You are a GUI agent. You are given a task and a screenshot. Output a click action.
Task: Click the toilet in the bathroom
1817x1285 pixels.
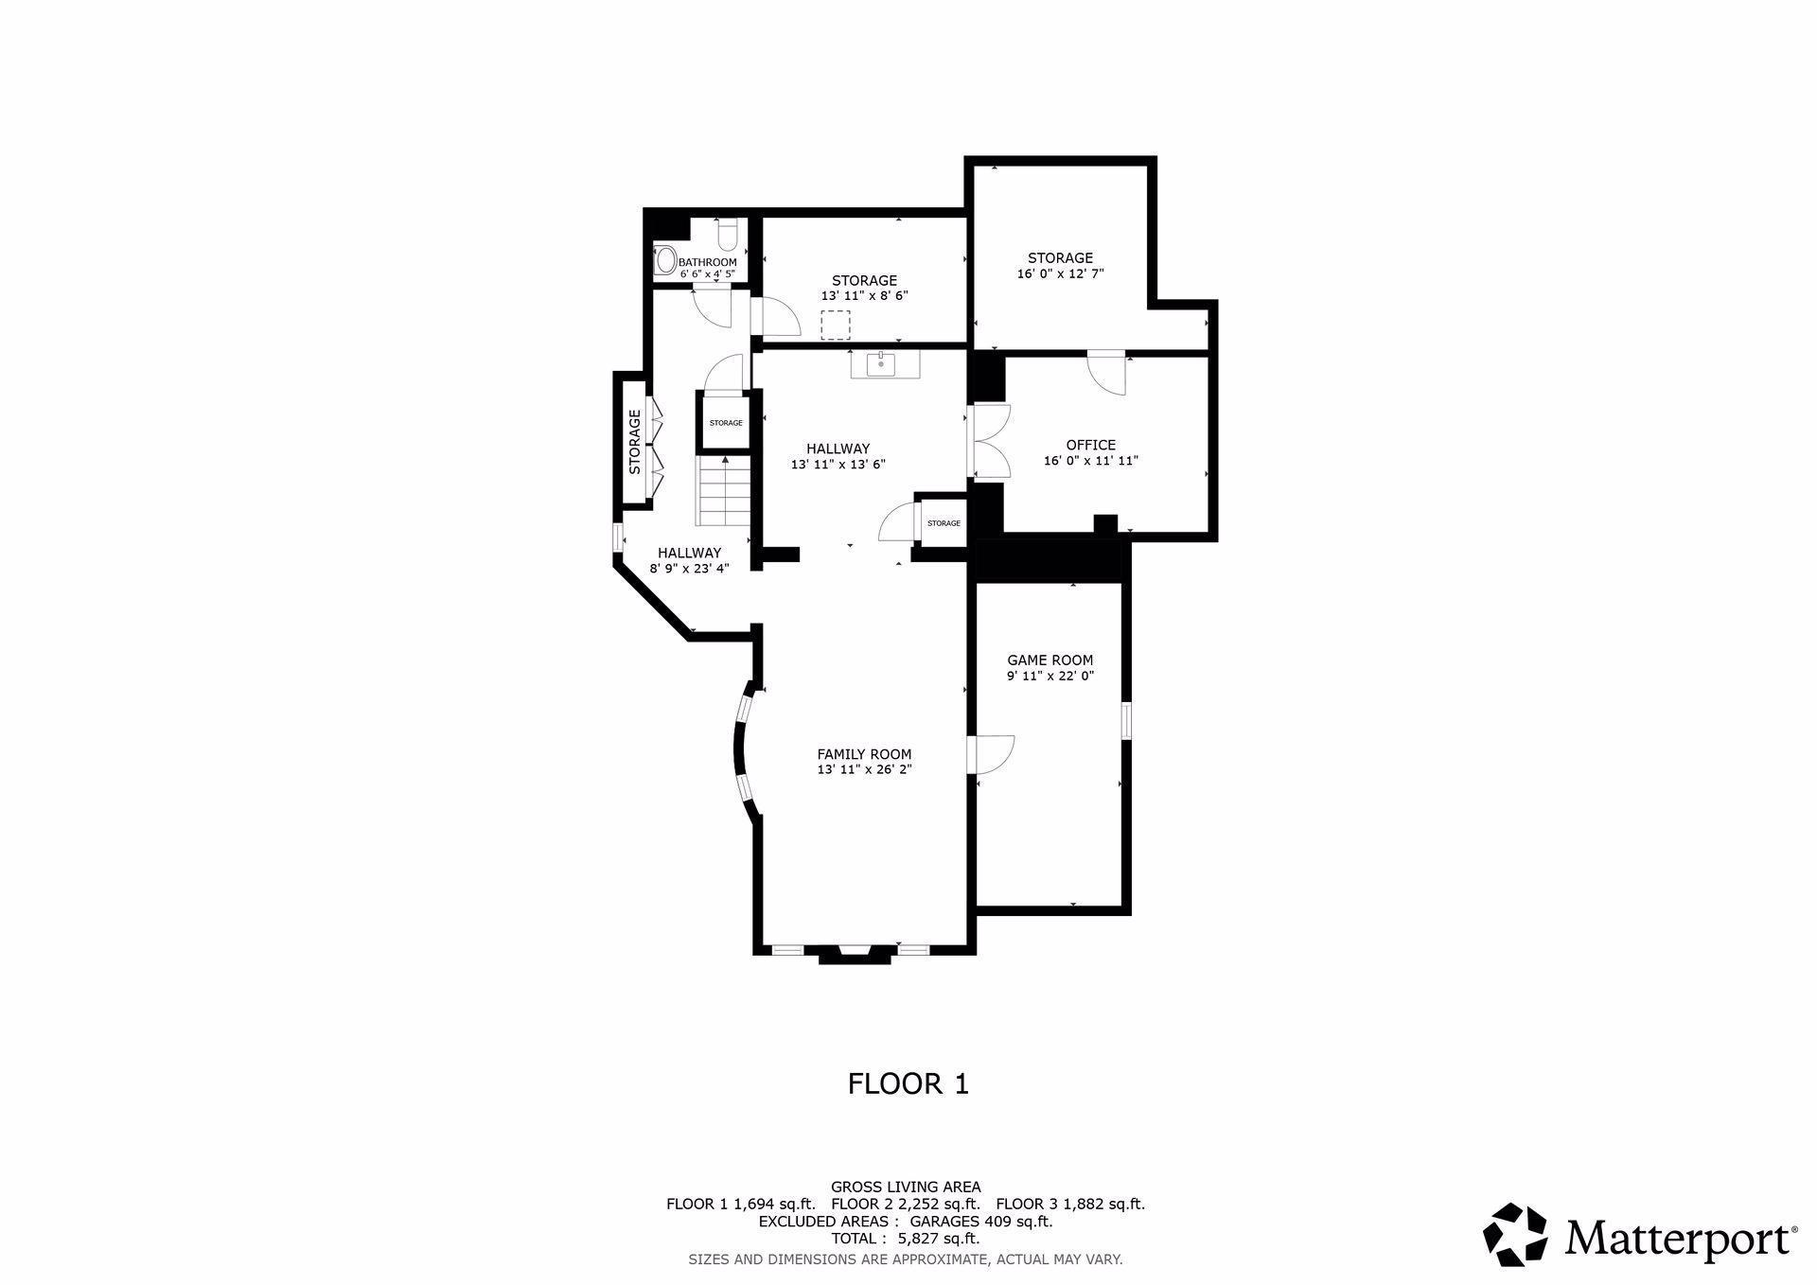pyautogui.click(x=727, y=234)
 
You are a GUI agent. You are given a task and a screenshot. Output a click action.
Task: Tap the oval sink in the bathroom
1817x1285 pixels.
pyautogui.click(x=666, y=259)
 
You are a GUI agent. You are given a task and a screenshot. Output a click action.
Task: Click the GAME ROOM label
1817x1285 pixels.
pyautogui.click(x=1050, y=660)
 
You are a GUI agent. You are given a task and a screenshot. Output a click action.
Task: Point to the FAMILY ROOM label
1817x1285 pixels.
pyautogui.click(x=864, y=754)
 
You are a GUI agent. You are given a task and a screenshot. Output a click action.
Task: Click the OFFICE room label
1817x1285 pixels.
pyautogui.click(x=1090, y=445)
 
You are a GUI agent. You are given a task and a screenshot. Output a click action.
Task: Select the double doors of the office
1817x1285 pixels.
pyautogui.click(x=990, y=441)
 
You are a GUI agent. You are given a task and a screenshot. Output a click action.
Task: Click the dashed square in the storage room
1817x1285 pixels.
pyautogui.click(x=835, y=325)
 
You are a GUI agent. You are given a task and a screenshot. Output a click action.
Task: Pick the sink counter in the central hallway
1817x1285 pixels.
pyautogui.click(x=885, y=363)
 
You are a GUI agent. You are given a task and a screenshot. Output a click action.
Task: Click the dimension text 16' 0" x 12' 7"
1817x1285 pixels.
pyautogui.click(x=1060, y=273)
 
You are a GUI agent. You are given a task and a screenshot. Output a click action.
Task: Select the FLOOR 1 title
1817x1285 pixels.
pyautogui.click(x=908, y=1083)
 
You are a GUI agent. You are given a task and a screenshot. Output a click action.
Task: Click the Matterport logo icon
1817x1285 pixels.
pyautogui.click(x=1514, y=1234)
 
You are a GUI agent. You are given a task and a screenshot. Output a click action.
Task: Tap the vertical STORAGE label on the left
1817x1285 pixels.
pyautogui.click(x=635, y=441)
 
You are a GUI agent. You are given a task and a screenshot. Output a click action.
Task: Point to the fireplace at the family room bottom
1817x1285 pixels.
pyautogui.click(x=855, y=954)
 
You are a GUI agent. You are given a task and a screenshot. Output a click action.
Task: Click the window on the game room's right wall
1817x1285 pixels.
pyautogui.click(x=1126, y=720)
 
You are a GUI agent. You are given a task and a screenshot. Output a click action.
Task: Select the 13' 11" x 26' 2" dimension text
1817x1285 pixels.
pyautogui.click(x=864, y=770)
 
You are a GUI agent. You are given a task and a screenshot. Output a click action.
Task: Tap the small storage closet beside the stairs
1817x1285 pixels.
pyautogui.click(x=726, y=422)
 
